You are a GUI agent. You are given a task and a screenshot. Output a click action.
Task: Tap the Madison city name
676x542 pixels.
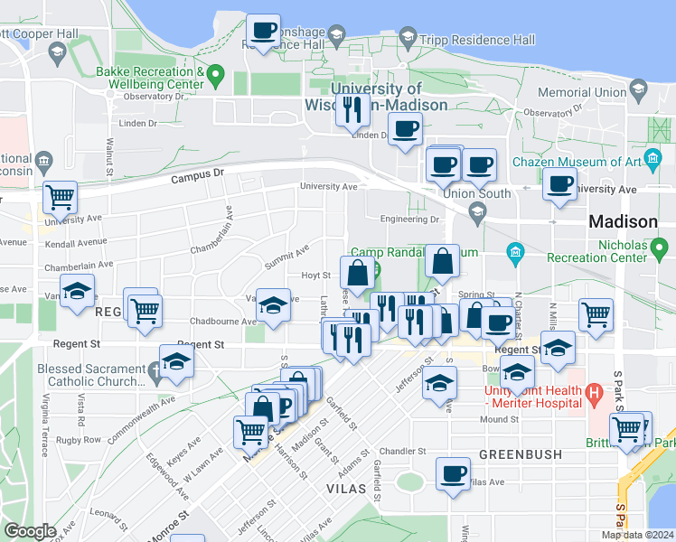click(x=623, y=221)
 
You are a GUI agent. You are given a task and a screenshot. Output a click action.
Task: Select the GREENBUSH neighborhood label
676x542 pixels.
click(x=520, y=453)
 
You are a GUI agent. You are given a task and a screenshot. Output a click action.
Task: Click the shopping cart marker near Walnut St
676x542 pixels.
click(x=60, y=196)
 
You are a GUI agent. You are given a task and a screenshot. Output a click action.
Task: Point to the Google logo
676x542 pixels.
click(x=30, y=531)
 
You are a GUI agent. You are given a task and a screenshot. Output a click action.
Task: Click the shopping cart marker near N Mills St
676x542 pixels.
click(x=596, y=315)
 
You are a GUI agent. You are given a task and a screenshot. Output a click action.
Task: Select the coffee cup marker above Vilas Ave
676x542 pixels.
click(x=453, y=472)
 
